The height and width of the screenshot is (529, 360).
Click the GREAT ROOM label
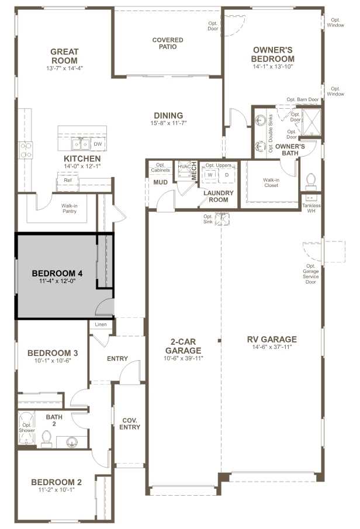pyautogui.click(x=64, y=56)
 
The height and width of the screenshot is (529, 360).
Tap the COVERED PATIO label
pyautogui.click(x=168, y=44)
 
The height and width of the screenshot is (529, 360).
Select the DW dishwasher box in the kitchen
pyautogui.click(x=98, y=144)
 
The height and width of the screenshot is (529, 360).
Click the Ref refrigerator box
pyautogui.click(x=68, y=181)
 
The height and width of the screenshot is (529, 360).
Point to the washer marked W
pyautogui.click(x=209, y=174)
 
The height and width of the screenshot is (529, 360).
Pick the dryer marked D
pyautogui.click(x=226, y=174)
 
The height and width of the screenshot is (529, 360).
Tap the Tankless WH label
pyautogui.click(x=310, y=208)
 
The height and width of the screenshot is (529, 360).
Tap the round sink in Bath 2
pyautogui.click(x=71, y=441)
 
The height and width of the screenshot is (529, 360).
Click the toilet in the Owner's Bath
pyautogui.click(x=310, y=179)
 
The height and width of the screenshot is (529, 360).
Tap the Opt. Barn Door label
pyautogui.click(x=303, y=100)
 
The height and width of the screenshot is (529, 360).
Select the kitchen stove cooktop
pyautogui.click(x=26, y=150)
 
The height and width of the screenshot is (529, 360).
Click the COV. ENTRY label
pyautogui.click(x=130, y=423)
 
